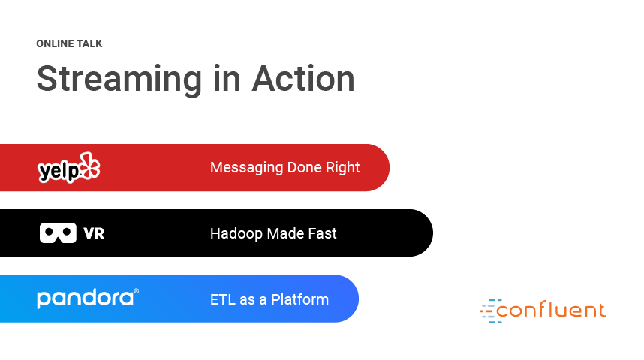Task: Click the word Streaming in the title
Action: coord(119,79)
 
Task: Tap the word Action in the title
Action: coord(303,79)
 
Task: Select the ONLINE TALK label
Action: coord(69,44)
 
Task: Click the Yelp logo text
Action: coord(59,170)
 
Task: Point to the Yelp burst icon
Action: coord(90,166)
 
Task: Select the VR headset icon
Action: coord(58,233)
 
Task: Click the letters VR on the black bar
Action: coord(94,233)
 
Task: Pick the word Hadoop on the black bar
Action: coord(236,234)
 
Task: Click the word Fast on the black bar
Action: coord(323,233)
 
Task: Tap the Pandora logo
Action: coord(86,298)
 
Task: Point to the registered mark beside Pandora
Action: coord(137,291)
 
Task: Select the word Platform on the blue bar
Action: coord(299,300)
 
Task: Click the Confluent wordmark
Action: coord(551,310)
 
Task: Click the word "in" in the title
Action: coord(227,79)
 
